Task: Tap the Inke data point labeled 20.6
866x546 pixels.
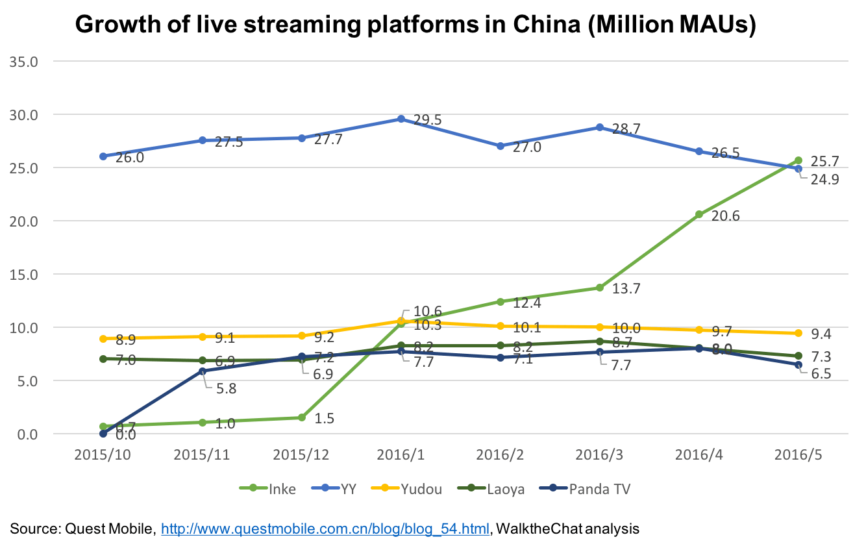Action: coord(699,214)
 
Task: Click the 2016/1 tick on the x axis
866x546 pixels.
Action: coord(401,455)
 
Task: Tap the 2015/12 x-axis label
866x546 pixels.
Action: coord(301,455)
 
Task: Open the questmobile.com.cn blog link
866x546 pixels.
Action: coord(325,529)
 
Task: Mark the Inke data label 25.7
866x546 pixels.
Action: coord(824,160)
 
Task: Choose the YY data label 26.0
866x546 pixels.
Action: coord(129,157)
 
